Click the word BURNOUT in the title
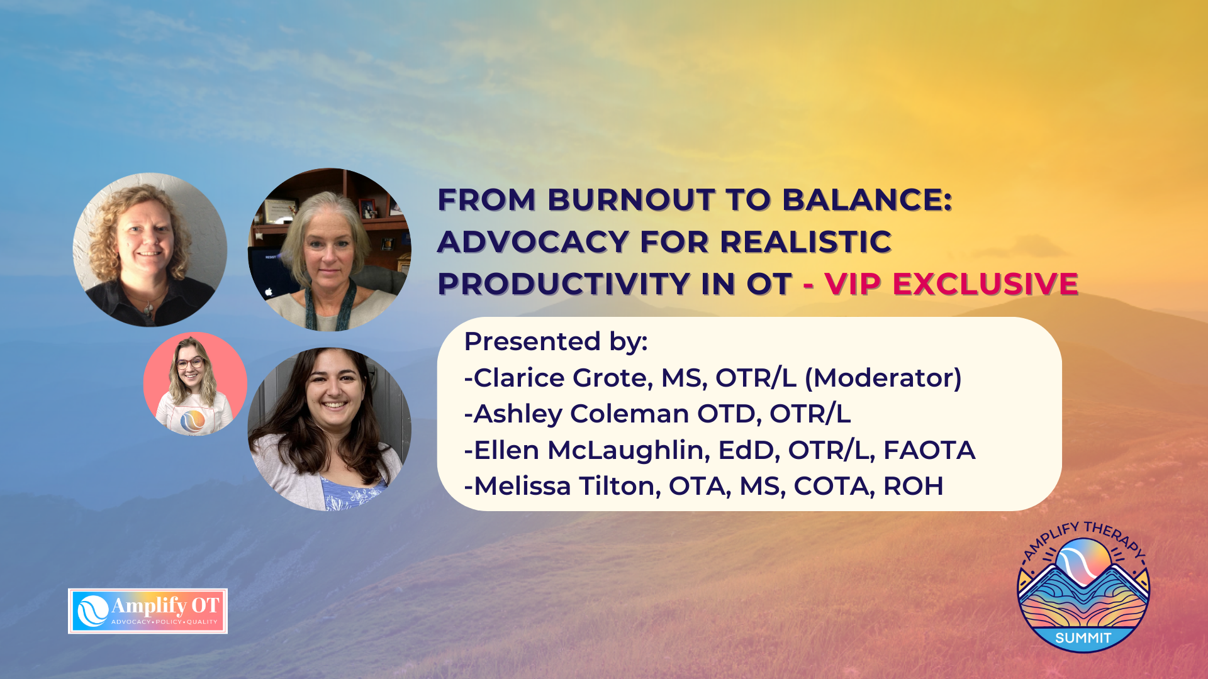(630, 200)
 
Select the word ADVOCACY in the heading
(533, 242)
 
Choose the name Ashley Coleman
(581, 414)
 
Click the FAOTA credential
(929, 451)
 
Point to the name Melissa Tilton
(564, 487)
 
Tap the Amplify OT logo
(148, 611)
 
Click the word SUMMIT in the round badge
(1083, 639)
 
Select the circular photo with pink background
(195, 384)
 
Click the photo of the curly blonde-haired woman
(150, 250)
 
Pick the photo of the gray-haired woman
(330, 250)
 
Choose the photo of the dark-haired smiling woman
(330, 429)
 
